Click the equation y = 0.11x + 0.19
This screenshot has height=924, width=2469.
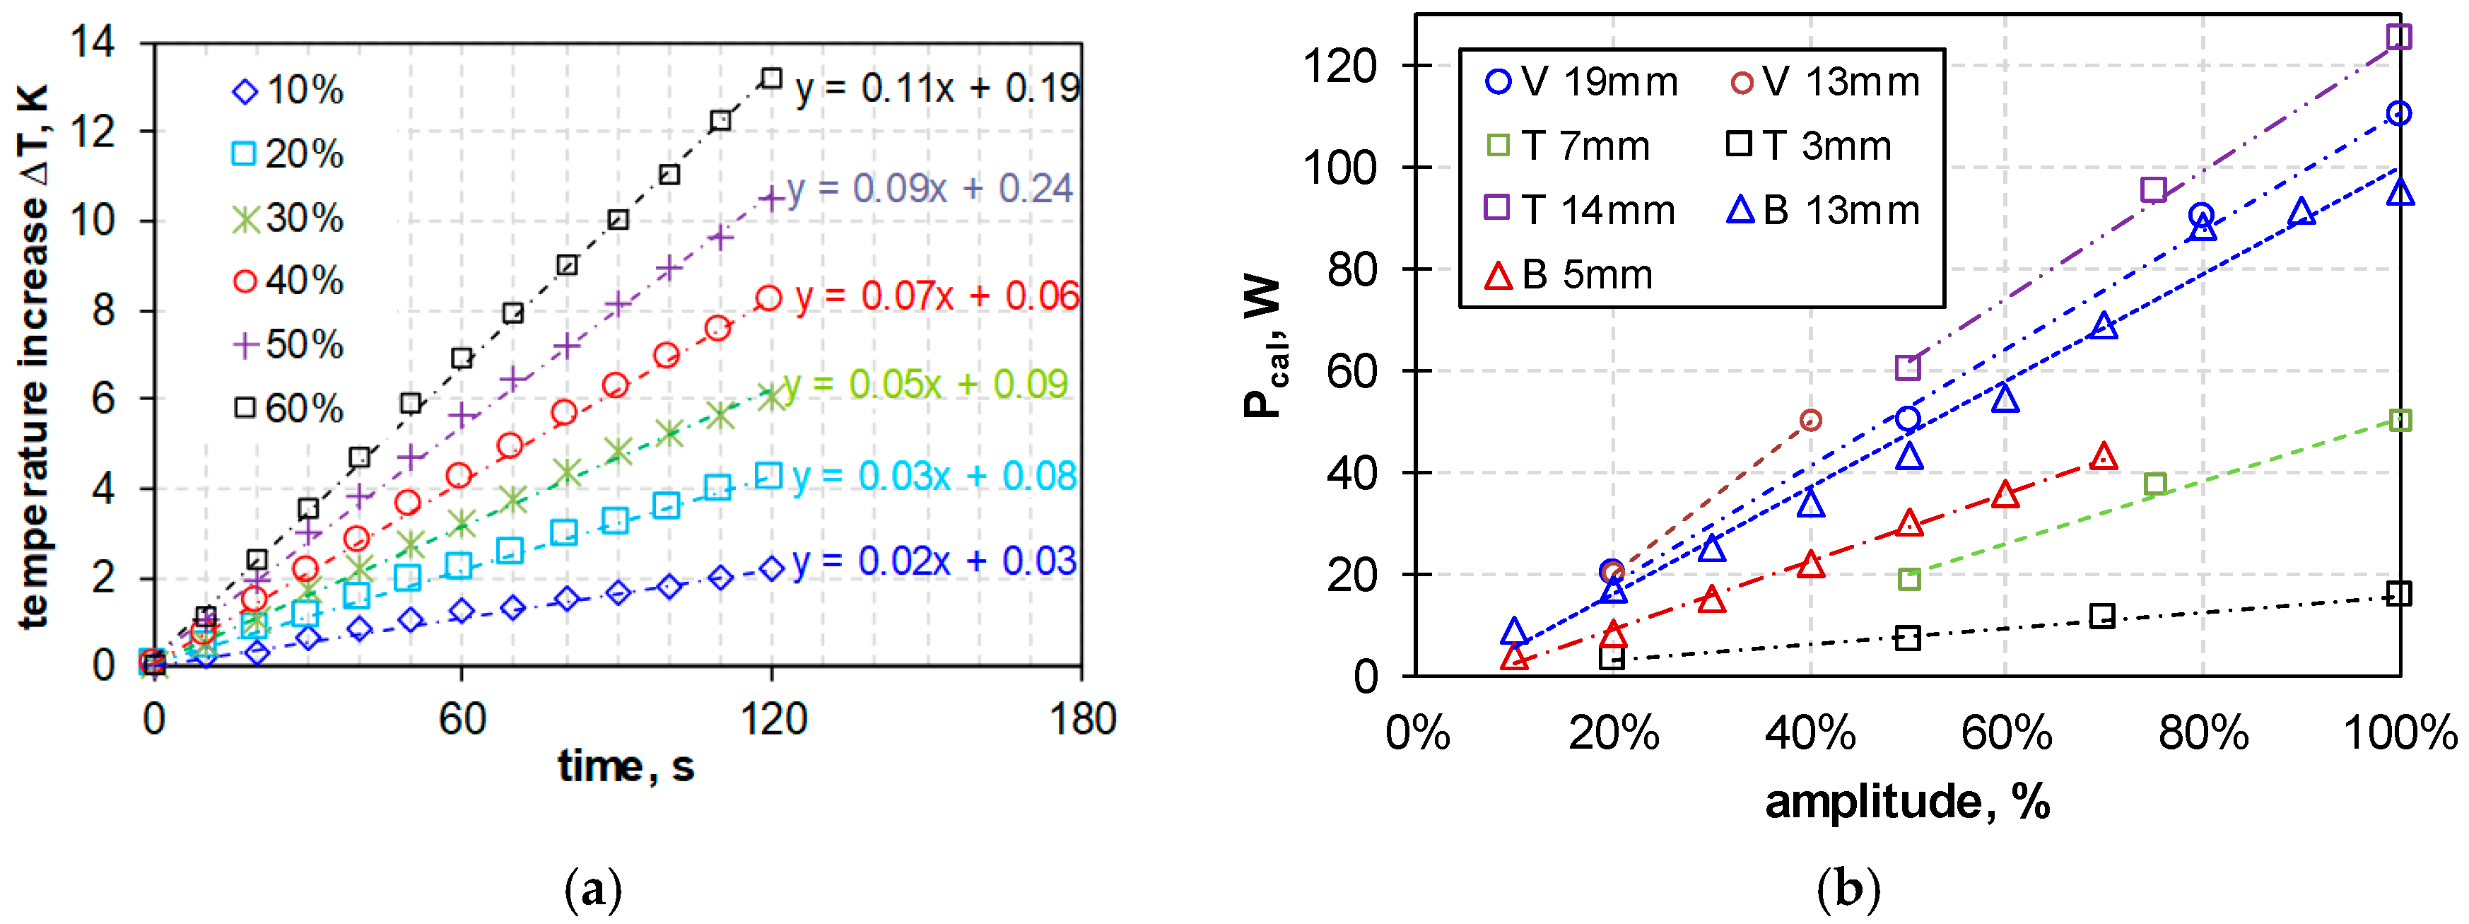pyautogui.click(x=937, y=88)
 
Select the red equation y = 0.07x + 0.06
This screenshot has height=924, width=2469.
pyautogui.click(x=937, y=296)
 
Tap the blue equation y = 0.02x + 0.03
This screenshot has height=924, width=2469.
pyautogui.click(x=934, y=561)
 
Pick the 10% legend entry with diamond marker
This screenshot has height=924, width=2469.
pyautogui.click(x=288, y=90)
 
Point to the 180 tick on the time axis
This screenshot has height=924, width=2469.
pyautogui.click(x=1082, y=720)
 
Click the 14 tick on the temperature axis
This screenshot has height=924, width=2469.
pyautogui.click(x=93, y=42)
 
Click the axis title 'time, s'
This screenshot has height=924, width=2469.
pyautogui.click(x=626, y=767)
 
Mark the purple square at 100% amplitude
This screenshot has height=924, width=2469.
pyautogui.click(x=2399, y=37)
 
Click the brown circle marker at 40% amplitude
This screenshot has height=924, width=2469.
pyautogui.click(x=1810, y=420)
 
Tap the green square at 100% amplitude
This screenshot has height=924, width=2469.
pyautogui.click(x=2399, y=420)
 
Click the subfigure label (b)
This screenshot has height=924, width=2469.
pyautogui.click(x=1848, y=889)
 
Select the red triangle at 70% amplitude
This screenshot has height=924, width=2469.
pyautogui.click(x=2103, y=457)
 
